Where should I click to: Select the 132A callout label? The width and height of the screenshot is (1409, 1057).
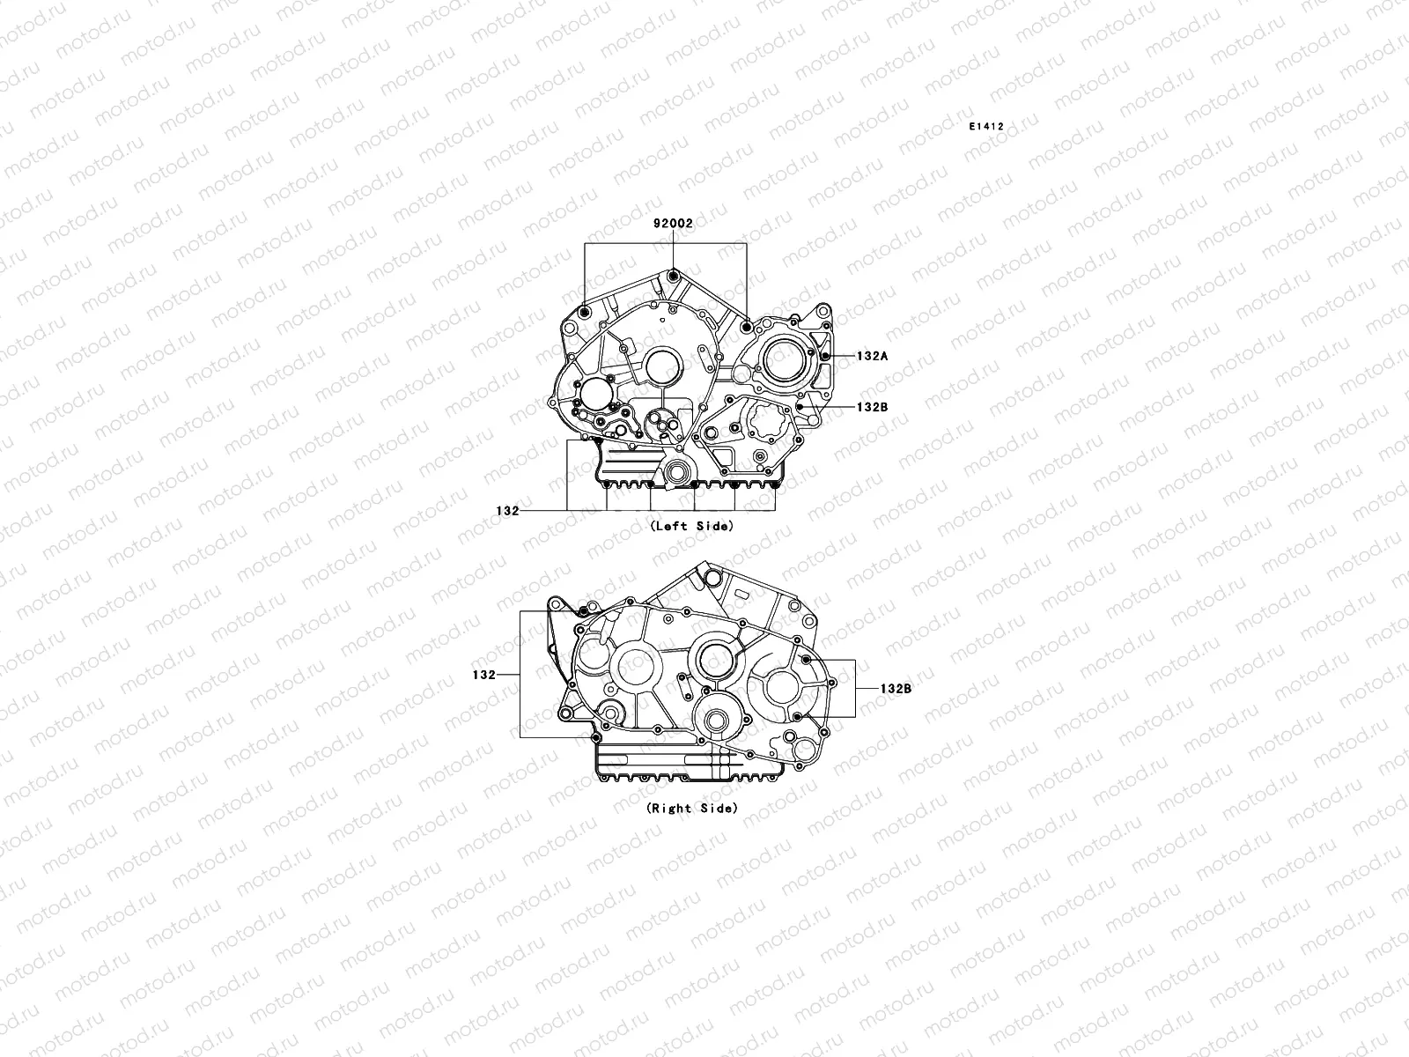click(x=873, y=357)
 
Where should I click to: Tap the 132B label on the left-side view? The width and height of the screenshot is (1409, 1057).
click(x=873, y=408)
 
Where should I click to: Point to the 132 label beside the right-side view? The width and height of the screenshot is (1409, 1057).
click(x=483, y=675)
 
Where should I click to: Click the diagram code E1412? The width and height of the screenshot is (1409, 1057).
click(x=986, y=127)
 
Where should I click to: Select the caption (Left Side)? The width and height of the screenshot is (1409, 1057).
click(x=690, y=526)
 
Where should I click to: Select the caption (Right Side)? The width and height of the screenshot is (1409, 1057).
click(x=691, y=808)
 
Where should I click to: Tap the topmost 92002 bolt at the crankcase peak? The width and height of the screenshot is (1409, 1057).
click(x=674, y=277)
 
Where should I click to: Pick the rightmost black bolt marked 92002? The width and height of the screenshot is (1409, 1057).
click(x=747, y=327)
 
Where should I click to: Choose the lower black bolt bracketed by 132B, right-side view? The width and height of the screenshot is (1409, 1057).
click(x=796, y=717)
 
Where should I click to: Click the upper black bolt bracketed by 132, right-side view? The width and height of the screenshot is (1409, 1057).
click(x=582, y=610)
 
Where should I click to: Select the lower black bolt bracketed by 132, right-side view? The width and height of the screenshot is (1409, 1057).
click(x=596, y=736)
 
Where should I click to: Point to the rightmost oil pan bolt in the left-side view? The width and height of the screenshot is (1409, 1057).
click(x=775, y=484)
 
